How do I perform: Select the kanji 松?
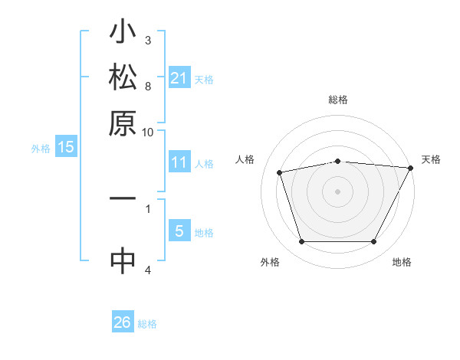[123, 79]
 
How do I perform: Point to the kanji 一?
[123, 198]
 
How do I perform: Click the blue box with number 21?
[179, 77]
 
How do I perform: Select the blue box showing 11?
[179, 162]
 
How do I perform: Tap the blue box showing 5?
[179, 231]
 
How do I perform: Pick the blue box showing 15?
[66, 147]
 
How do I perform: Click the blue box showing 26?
[123, 322]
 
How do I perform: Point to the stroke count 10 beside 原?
[148, 132]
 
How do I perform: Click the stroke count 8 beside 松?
[148, 87]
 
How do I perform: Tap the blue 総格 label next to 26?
[147, 324]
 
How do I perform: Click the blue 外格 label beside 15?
[41, 149]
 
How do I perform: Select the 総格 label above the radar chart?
[337, 100]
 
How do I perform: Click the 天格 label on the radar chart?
[431, 159]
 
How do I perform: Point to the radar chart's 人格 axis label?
[245, 159]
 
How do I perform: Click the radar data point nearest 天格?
[411, 168]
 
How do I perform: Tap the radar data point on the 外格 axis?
[301, 242]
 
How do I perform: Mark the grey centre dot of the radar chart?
[337, 191]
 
